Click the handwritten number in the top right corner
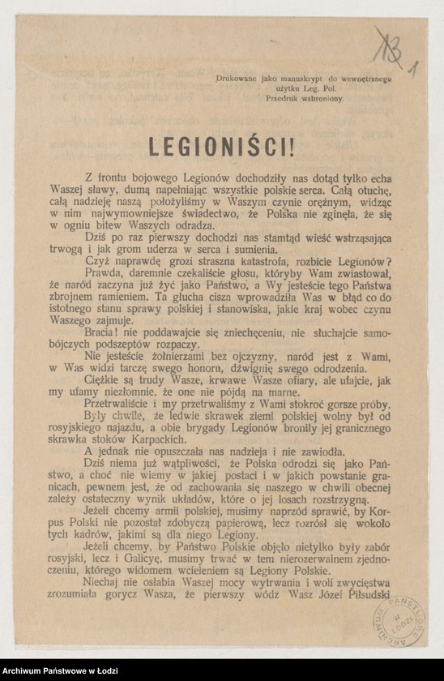pyautogui.click(x=391, y=51)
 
